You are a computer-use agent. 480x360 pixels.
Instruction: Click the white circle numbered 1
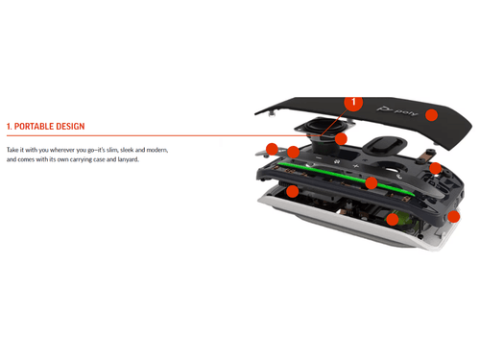pos(353,101)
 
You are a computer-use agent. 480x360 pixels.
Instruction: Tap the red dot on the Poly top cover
pos(432,115)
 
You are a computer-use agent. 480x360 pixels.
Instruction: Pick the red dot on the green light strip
pos(372,182)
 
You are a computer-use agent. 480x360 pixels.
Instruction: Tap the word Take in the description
pos(15,151)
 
